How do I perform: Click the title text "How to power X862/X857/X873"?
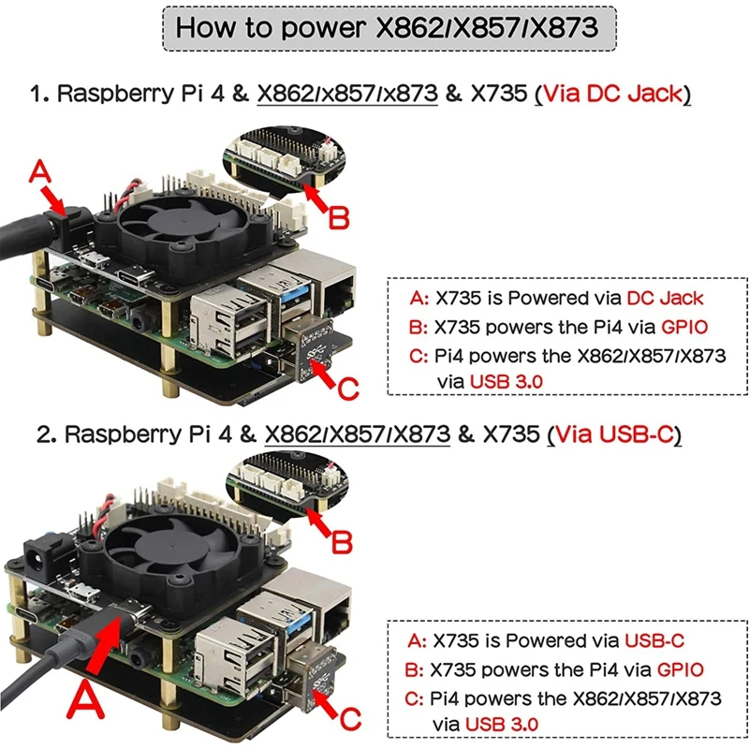point(387,28)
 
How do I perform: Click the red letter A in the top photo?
point(39,172)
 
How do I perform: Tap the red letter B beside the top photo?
point(339,218)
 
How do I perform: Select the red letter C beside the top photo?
point(348,388)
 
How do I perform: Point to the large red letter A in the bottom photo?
point(85,699)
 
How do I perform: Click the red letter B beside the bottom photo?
point(342,543)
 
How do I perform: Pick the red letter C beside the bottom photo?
point(350,718)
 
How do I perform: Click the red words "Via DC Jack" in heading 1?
point(613,93)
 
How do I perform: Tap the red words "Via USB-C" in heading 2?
point(615,434)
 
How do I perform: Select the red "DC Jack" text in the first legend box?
point(665,298)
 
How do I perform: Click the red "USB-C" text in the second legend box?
point(654,640)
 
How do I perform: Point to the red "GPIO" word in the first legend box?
point(684,327)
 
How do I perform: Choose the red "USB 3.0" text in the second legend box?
point(502,724)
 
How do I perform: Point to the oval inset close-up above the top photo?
point(285,157)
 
